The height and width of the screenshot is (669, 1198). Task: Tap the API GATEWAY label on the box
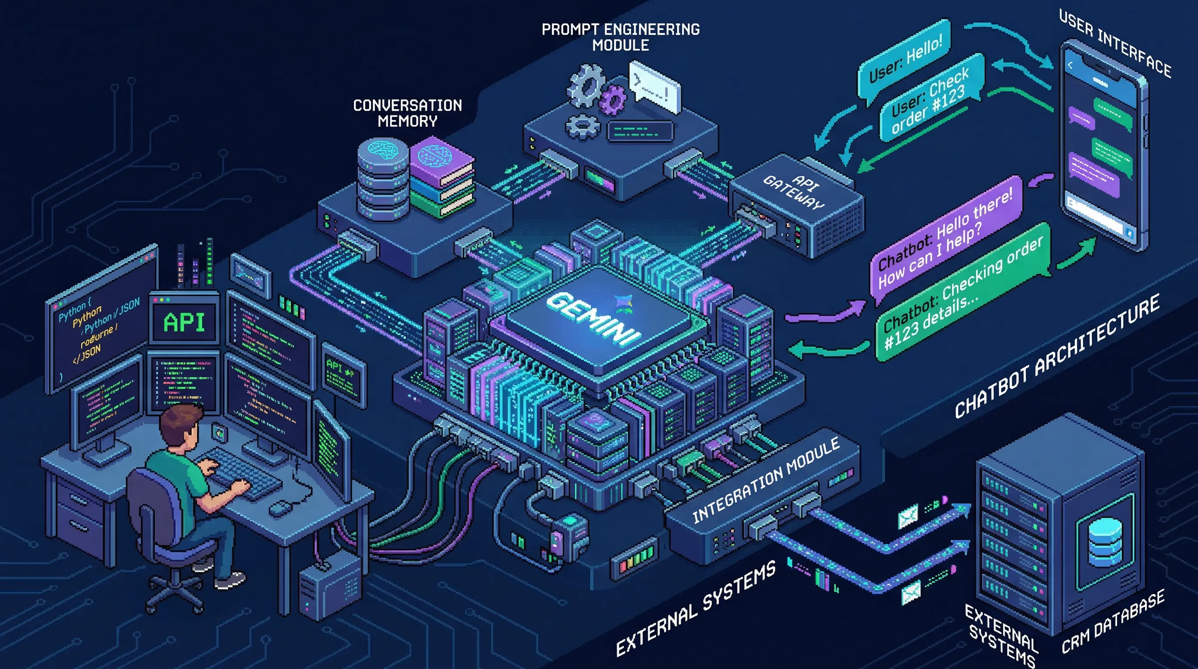[x=794, y=192]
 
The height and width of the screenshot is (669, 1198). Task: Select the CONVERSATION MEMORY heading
[x=407, y=113]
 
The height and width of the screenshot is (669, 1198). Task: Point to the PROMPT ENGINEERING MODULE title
[x=620, y=37]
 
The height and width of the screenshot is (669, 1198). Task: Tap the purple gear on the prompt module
[x=613, y=100]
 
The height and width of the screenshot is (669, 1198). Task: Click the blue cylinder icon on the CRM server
[x=1105, y=542]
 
